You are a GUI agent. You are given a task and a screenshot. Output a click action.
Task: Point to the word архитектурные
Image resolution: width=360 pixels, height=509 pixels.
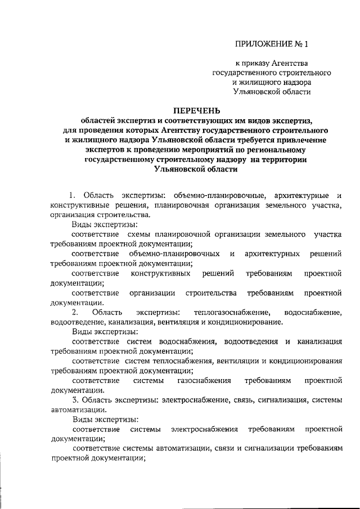pyautogui.click(x=301, y=195)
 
